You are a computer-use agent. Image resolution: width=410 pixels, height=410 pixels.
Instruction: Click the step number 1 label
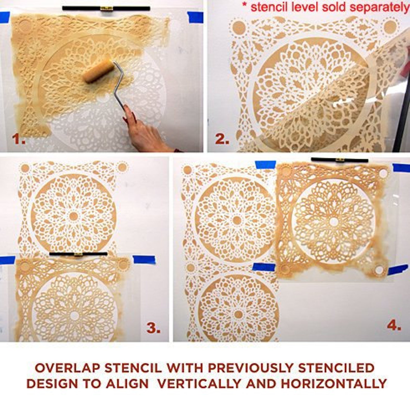(19, 139)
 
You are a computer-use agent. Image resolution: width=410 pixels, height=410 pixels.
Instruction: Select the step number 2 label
(222, 139)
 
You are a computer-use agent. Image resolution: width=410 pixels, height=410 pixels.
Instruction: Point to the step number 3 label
(154, 328)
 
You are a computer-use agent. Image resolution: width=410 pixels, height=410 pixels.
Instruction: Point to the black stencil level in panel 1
(106, 9)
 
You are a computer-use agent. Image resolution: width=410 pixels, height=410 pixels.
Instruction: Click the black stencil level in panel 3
(78, 254)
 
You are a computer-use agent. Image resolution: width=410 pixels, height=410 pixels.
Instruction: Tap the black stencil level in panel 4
(340, 160)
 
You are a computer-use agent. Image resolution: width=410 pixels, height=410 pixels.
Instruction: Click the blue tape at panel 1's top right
(195, 17)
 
